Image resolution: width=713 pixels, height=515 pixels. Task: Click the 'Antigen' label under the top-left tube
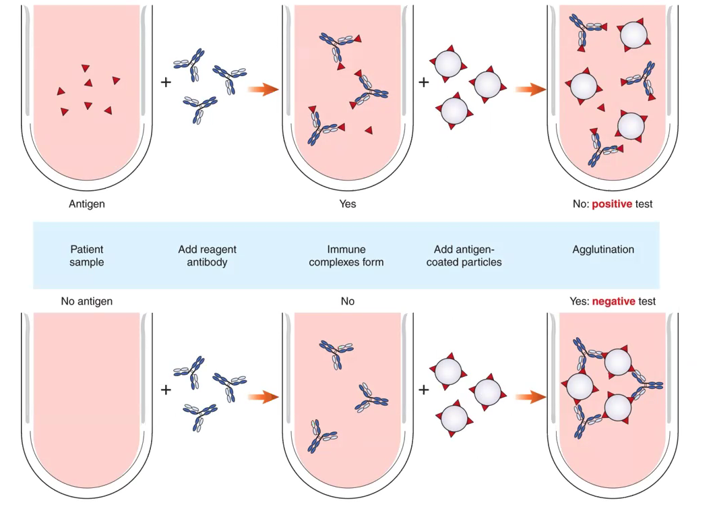[87, 203]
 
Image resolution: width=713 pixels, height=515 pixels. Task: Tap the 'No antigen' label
[86, 301]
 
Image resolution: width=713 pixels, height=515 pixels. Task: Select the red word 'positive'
[612, 203]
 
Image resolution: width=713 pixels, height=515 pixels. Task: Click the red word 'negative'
[613, 301]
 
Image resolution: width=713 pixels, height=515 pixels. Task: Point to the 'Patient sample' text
[86, 255]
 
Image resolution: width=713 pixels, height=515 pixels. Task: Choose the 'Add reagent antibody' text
[207, 255]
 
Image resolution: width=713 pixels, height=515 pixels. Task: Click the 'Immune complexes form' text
[346, 255]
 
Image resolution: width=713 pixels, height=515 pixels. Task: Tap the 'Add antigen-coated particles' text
[464, 255]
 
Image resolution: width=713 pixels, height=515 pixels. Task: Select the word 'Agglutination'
[603, 249]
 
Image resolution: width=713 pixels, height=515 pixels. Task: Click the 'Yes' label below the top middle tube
[347, 203]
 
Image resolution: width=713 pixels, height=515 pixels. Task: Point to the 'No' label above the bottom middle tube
[347, 301]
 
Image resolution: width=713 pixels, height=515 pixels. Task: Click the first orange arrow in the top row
[263, 90]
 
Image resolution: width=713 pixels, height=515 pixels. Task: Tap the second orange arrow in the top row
[530, 90]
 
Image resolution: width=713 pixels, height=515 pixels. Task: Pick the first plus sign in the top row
[166, 82]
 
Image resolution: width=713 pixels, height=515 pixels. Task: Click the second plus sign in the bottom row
[424, 390]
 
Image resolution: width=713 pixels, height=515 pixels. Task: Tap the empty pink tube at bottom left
[86, 398]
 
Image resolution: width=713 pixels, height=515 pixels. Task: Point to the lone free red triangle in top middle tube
[369, 129]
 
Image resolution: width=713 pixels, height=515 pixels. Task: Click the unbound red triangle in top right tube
[601, 107]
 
